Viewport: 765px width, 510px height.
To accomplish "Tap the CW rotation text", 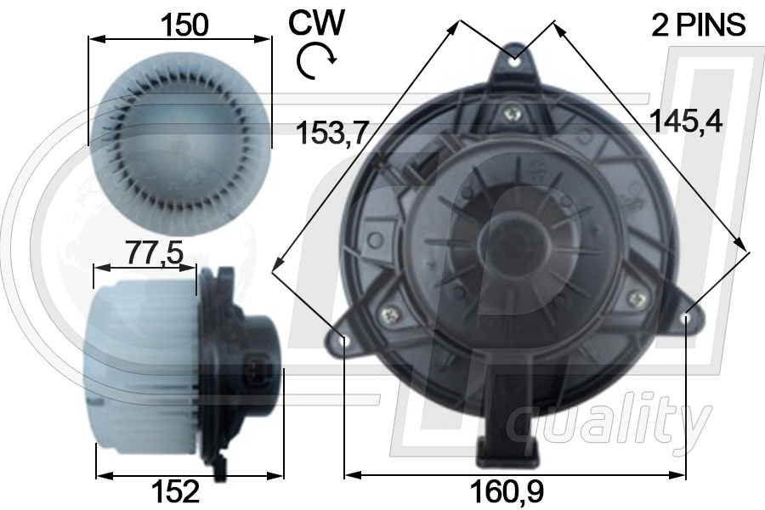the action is click(317, 22).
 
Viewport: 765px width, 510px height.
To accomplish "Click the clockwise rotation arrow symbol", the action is click(316, 60).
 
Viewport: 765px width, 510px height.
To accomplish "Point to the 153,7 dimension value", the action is click(331, 133).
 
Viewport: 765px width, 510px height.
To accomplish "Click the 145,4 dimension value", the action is click(686, 121).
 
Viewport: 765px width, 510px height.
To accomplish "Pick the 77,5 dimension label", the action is click(155, 252).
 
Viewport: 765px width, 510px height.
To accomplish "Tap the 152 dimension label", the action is click(175, 491).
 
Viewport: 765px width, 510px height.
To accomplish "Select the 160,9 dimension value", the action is click(507, 491).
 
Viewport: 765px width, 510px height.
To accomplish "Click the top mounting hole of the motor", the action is click(516, 60).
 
